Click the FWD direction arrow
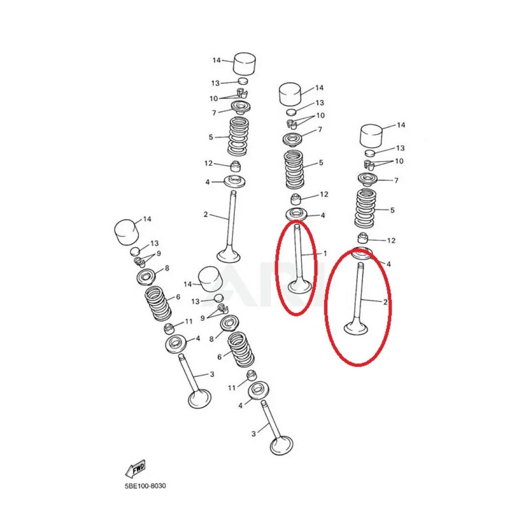(136, 468)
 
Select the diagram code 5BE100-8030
(145, 486)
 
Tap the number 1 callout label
(325, 253)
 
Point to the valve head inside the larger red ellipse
(356, 328)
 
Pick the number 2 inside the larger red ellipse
(385, 302)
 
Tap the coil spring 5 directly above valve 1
(294, 169)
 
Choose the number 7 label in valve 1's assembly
(320, 129)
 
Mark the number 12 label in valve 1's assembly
(324, 194)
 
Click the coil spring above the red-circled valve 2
(365, 208)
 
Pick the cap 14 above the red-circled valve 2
(372, 136)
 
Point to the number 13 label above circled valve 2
(400, 148)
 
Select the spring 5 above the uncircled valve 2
(239, 136)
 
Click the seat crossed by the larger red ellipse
(362, 253)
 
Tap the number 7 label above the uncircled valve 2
(214, 113)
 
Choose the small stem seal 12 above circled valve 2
(362, 239)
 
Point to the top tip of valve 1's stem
(297, 225)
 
